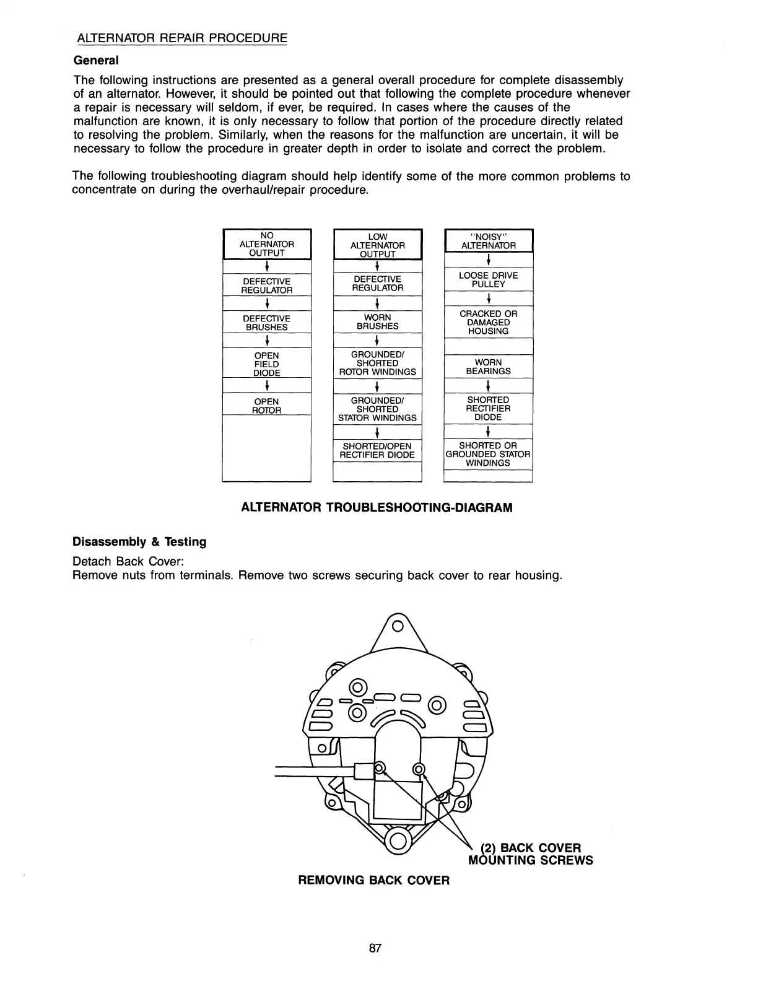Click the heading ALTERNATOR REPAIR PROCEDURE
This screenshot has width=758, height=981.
[x=182, y=38]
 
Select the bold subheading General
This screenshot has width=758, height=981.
[x=95, y=60]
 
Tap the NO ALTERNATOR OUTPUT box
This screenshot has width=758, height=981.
[x=266, y=244]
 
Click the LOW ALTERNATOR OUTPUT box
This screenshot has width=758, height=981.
[x=377, y=245]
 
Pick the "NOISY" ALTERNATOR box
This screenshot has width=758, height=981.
[x=488, y=241]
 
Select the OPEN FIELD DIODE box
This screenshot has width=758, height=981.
[x=266, y=364]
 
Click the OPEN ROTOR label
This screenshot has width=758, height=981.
[x=266, y=406]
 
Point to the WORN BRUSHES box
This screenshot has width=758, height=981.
[x=377, y=321]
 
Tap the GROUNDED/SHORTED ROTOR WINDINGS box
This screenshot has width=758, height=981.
[x=377, y=363]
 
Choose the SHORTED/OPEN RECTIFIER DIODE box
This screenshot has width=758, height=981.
[x=377, y=450]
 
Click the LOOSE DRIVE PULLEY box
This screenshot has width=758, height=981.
[x=488, y=279]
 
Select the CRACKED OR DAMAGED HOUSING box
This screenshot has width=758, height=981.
[x=488, y=322]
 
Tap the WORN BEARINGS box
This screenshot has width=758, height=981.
[x=488, y=367]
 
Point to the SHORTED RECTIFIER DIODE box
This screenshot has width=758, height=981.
[x=488, y=409]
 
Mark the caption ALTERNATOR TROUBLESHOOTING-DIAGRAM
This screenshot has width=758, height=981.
[x=376, y=508]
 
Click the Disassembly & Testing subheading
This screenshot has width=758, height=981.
[x=139, y=542]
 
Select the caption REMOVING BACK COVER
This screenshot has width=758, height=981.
[x=373, y=880]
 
